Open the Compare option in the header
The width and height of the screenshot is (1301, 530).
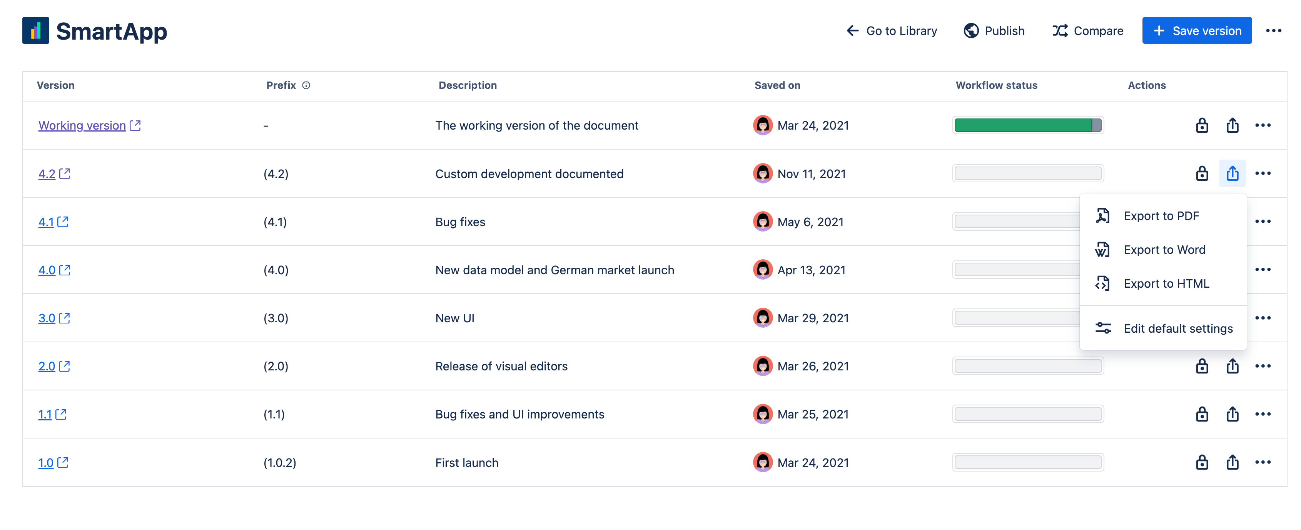1087,31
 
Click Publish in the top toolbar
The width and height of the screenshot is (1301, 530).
994,31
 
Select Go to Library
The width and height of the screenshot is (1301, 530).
892,31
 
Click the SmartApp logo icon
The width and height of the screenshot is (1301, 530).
35,31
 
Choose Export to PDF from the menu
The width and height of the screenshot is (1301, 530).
1161,216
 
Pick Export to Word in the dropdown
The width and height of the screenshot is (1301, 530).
1164,250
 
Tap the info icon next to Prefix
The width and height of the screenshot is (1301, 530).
306,85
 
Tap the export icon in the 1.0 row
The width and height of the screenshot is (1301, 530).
1232,462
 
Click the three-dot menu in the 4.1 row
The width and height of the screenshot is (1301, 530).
1262,222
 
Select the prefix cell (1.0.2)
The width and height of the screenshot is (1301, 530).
280,462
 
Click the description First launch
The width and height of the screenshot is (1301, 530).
466,462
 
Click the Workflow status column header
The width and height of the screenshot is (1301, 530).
996,85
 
